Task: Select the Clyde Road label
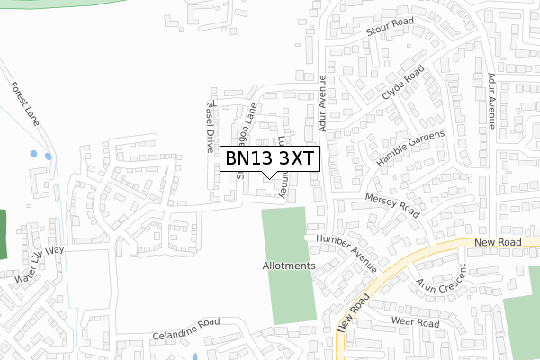click(x=401, y=83)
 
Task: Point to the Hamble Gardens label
click(x=410, y=147)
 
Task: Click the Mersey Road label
click(x=392, y=204)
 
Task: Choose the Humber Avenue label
click(x=347, y=251)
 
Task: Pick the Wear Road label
click(x=415, y=321)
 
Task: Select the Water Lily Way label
click(x=39, y=265)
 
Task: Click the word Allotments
click(x=289, y=266)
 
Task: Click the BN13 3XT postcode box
click(x=269, y=158)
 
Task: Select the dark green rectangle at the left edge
click(x=2, y=234)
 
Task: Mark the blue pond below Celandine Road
click(x=196, y=355)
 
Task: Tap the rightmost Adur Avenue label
click(x=491, y=100)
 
